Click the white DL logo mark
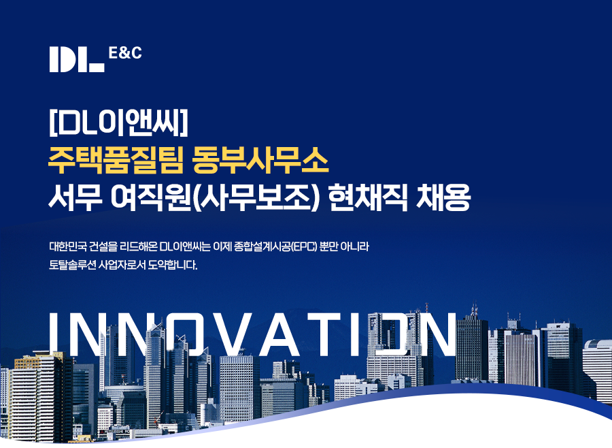click(77, 59)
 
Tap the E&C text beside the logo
click(125, 53)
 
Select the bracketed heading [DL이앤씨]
click(118, 123)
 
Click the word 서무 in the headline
click(75, 197)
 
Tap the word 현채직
click(368, 197)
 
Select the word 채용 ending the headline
click(443, 197)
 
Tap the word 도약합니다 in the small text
click(173, 265)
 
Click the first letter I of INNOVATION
click(54, 334)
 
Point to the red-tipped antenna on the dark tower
click(474, 310)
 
